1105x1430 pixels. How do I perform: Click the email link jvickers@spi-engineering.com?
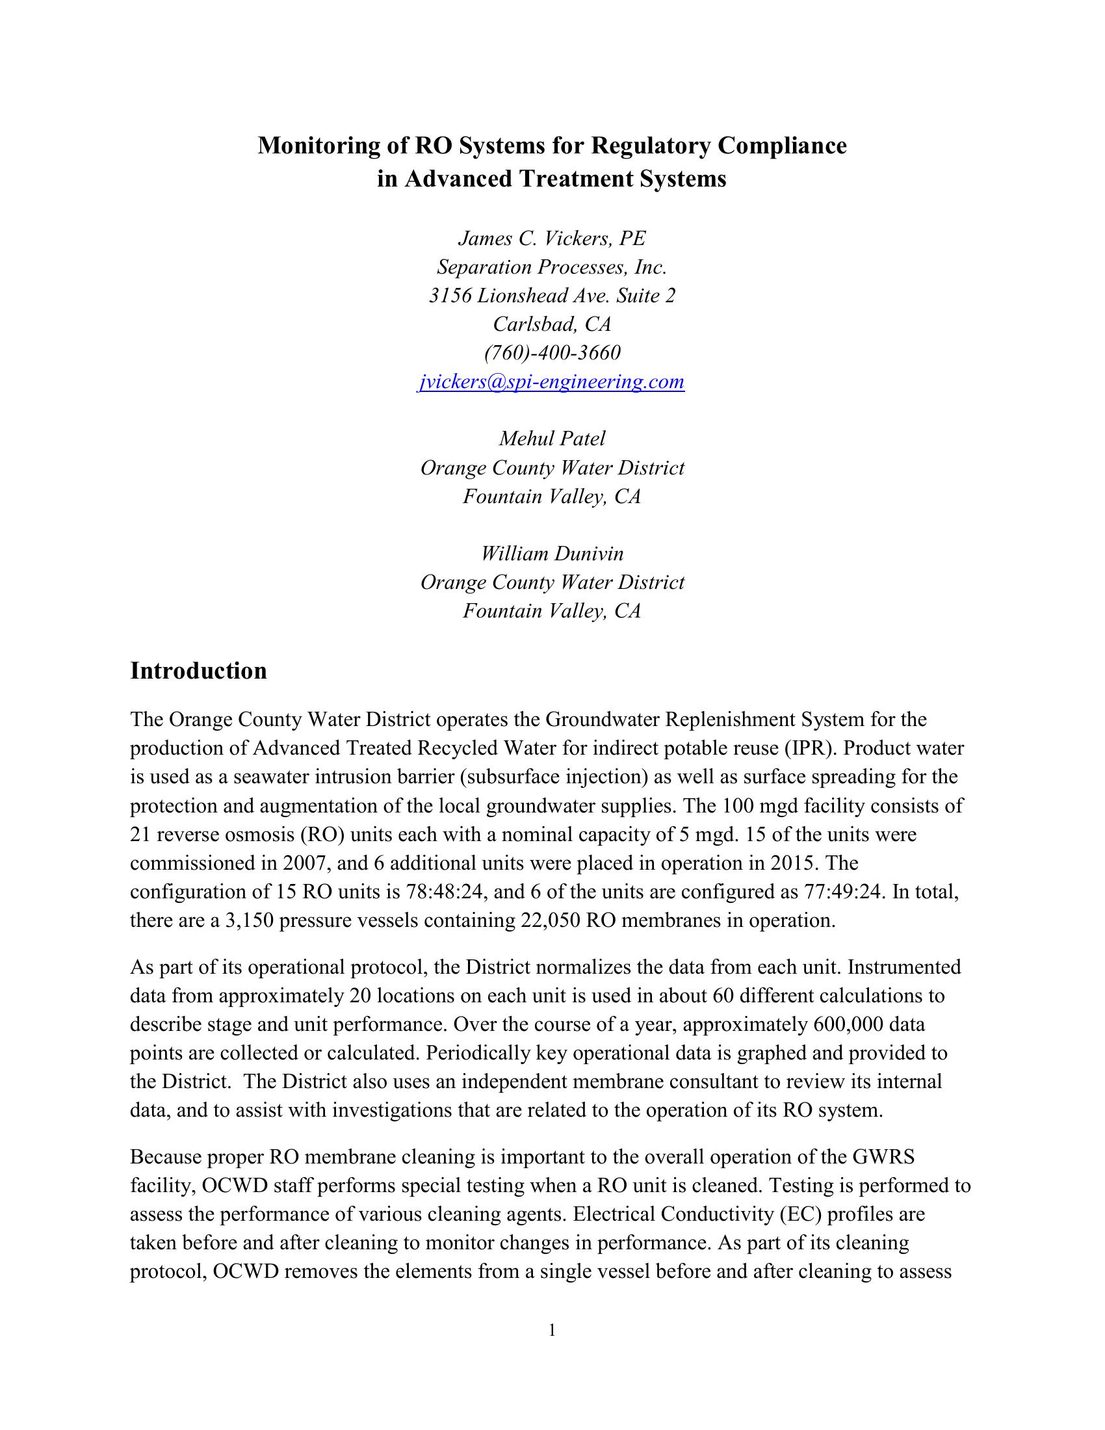(x=551, y=382)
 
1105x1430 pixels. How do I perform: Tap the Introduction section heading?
(x=198, y=671)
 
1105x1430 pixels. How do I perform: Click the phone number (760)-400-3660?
(x=552, y=353)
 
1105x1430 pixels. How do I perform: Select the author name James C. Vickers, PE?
(x=552, y=239)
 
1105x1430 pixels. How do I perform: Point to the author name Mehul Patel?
(x=552, y=439)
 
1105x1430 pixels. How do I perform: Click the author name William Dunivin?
(x=552, y=553)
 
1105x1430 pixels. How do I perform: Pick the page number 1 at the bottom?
(x=552, y=1330)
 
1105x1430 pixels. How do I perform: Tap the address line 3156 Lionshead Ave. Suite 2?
(x=552, y=296)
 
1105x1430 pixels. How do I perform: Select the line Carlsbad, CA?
(x=552, y=324)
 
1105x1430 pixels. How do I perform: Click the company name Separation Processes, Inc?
(x=552, y=267)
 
